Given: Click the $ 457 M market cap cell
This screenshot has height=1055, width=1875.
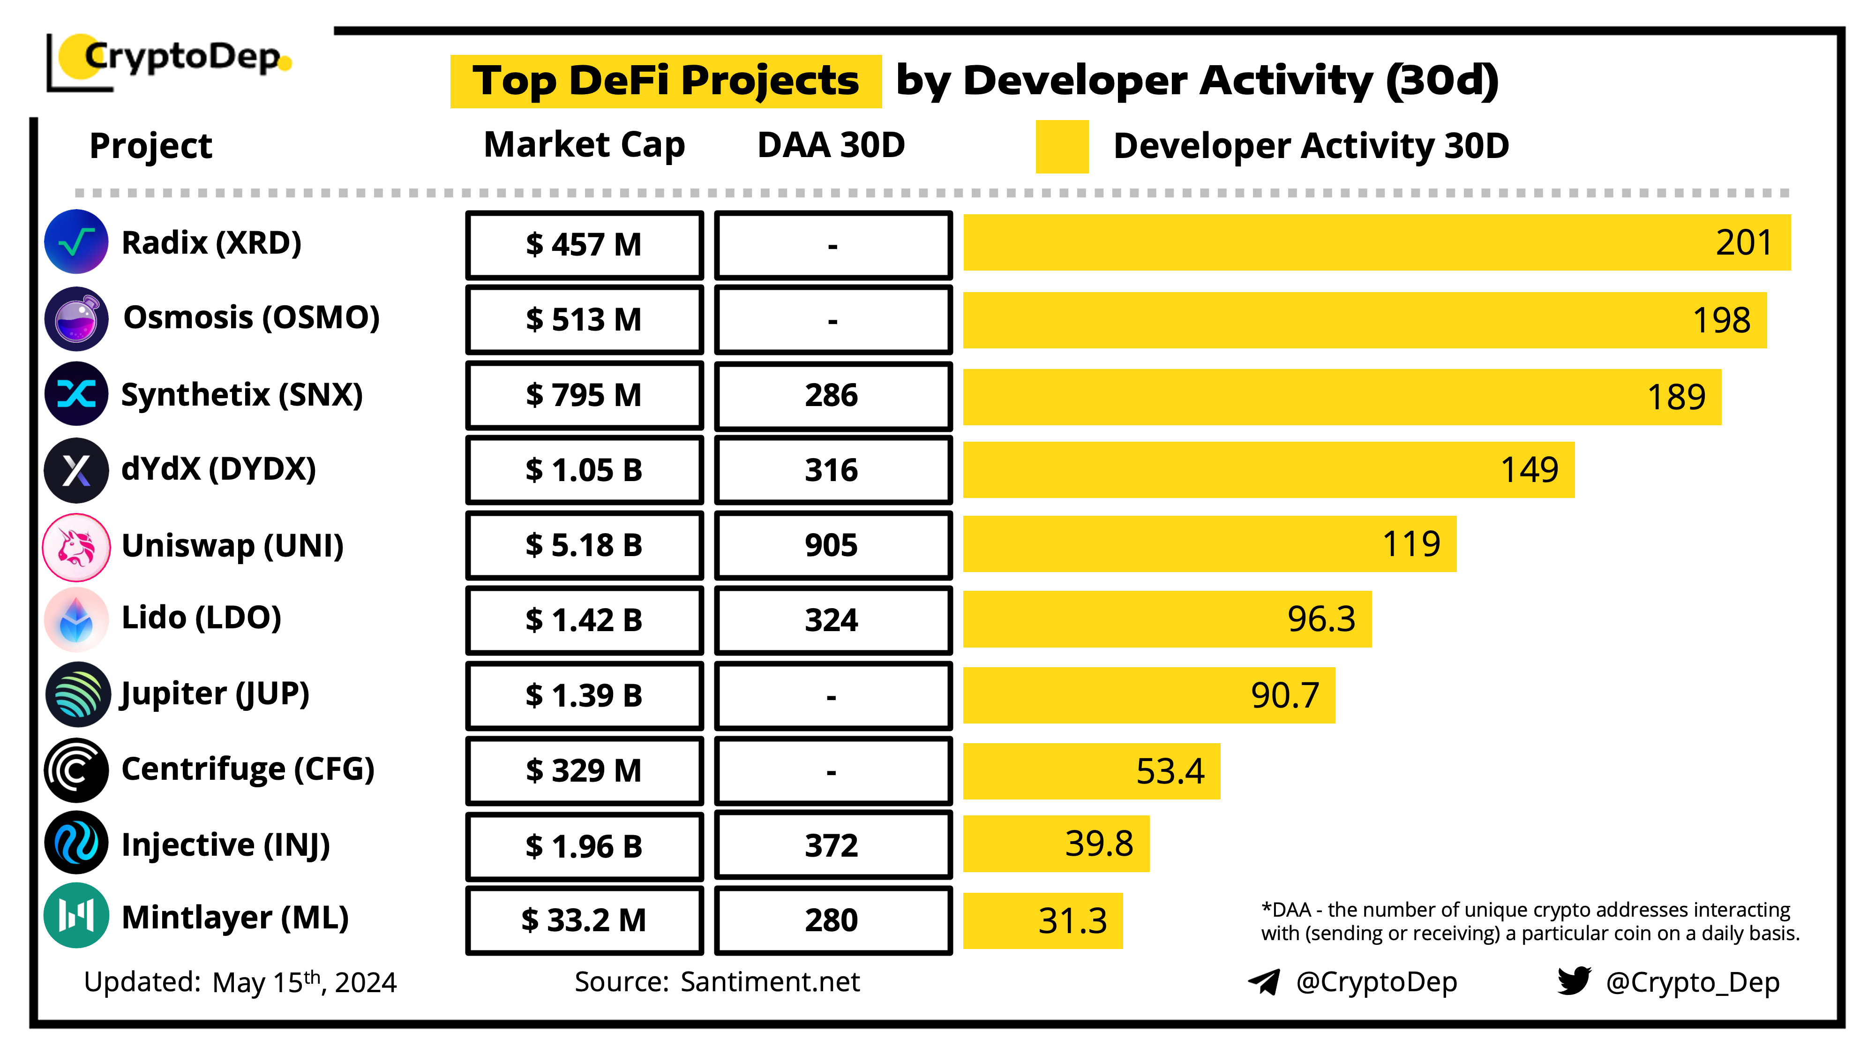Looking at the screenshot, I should pyautogui.click(x=584, y=245).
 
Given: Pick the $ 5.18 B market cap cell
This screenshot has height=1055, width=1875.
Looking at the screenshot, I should pyautogui.click(x=584, y=544).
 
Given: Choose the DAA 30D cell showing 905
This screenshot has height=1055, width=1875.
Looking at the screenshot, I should pyautogui.click(x=832, y=544).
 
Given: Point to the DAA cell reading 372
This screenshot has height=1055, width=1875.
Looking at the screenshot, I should pyautogui.click(x=832, y=845).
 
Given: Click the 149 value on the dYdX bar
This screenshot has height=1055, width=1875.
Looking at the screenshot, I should pyautogui.click(x=1529, y=470).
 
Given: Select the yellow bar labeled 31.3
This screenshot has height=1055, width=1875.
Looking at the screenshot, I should pyautogui.click(x=1042, y=920).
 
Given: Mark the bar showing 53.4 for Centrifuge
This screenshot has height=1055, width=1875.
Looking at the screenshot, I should pyautogui.click(x=1090, y=770).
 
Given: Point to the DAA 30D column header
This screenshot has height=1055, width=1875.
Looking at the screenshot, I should pyautogui.click(x=831, y=145).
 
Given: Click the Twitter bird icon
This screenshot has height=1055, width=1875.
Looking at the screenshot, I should pyautogui.click(x=1573, y=981).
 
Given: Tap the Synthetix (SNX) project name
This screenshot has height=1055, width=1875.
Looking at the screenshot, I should pyautogui.click(x=242, y=395).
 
